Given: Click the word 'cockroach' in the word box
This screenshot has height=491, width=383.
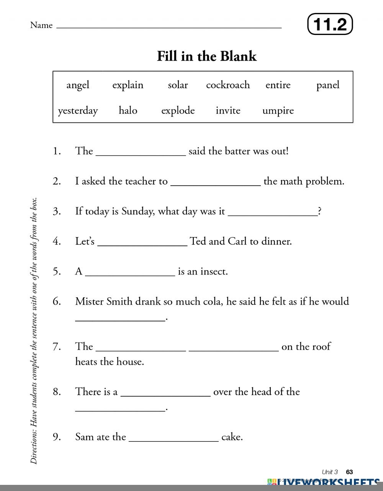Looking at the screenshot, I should point(228,85).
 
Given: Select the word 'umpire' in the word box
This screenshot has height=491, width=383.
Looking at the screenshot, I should point(278,110).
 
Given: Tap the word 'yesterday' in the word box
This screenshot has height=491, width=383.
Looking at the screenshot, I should point(78,111).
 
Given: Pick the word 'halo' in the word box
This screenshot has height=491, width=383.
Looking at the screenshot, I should point(128,110).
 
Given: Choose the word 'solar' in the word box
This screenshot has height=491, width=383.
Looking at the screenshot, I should point(178,85).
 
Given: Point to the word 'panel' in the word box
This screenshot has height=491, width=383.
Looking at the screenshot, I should point(328,85).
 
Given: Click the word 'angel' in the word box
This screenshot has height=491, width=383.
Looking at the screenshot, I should point(78,85).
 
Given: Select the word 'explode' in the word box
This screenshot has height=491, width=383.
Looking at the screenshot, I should point(178,111).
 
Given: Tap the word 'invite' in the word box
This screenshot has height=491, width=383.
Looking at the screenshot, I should point(228,110).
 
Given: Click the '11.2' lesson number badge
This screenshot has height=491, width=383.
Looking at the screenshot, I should point(330,24).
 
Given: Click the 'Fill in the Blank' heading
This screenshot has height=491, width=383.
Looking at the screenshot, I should point(207,56).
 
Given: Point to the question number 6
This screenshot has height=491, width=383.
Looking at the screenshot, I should point(57,302).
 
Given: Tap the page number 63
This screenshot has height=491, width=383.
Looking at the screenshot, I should point(349,472).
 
